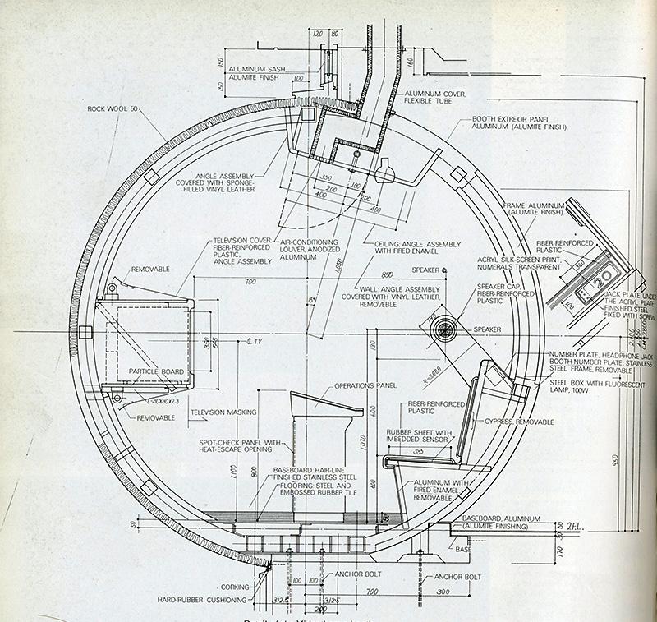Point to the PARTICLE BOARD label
tap(156, 372)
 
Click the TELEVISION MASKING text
tap(223, 412)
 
